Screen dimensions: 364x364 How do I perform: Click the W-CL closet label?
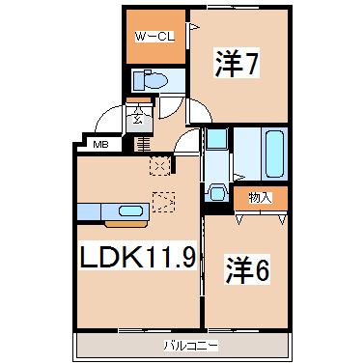point(154,39)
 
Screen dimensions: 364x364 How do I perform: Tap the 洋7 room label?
point(238,66)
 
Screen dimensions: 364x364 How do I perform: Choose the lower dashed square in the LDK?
point(165,203)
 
